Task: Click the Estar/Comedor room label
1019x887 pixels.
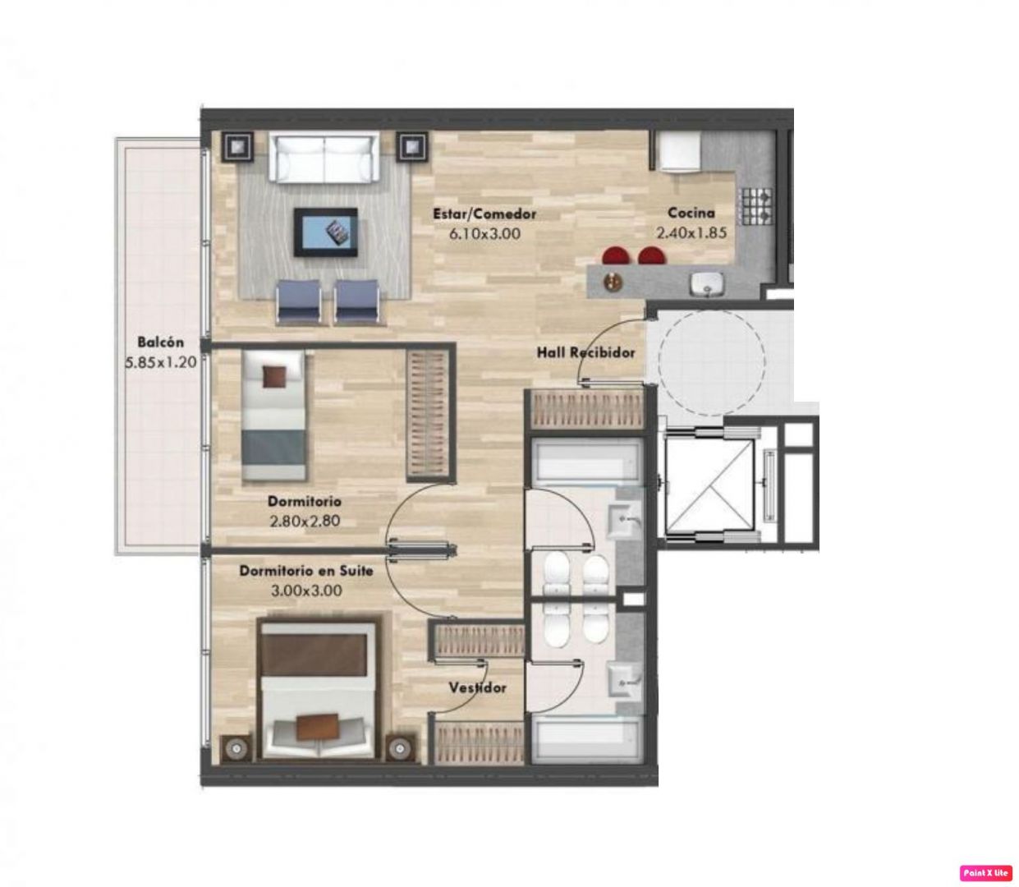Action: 484,214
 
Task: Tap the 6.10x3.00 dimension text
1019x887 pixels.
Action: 484,233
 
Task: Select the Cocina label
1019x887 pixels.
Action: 691,213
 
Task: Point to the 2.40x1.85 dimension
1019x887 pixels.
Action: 691,232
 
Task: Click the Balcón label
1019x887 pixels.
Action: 160,342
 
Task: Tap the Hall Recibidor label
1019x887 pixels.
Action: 585,352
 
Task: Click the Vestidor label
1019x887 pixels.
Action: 477,687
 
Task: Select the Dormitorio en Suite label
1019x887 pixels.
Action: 305,571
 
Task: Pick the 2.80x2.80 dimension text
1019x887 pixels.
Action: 305,521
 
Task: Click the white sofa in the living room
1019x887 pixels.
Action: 324,158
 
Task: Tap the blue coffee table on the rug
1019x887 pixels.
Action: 326,232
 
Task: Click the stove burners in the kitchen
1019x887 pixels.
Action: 756,206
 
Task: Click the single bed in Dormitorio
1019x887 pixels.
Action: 273,416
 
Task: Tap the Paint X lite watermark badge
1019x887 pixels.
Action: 985,872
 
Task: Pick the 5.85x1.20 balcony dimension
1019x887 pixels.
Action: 160,362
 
